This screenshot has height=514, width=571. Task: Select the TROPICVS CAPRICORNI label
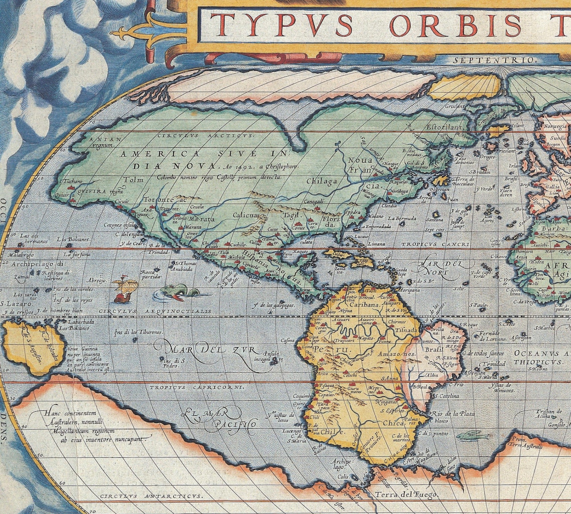(185, 387)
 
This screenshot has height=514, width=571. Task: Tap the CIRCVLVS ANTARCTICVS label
(151, 495)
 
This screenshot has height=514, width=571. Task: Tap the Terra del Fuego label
(416, 495)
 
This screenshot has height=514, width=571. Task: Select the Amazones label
(398, 354)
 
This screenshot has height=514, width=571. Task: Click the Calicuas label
(246, 215)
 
